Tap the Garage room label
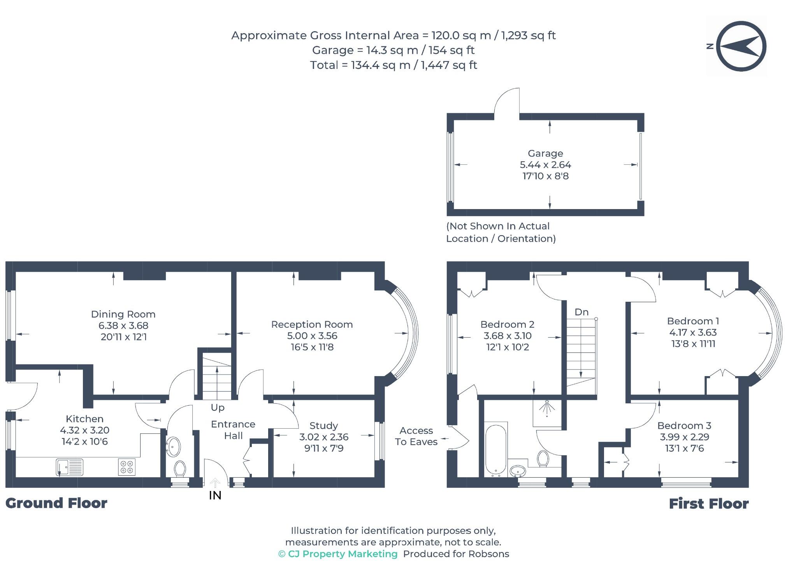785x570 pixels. tap(545, 153)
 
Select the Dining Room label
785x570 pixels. tap(123, 314)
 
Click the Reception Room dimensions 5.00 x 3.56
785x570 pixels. tap(312, 336)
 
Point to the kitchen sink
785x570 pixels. tap(70, 467)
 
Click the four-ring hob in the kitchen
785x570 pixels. tap(127, 467)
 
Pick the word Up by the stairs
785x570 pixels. tap(218, 408)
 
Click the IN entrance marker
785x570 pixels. tap(215, 495)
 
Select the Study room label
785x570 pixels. tap(323, 426)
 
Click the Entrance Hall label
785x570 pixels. tap(233, 430)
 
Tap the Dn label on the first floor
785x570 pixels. tap(581, 312)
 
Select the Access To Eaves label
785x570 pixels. tap(416, 436)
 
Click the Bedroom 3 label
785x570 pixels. tap(684, 426)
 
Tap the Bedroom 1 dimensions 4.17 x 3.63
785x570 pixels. tap(693, 332)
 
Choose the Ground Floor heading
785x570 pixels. tap(56, 503)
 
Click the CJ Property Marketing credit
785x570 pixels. tap(338, 554)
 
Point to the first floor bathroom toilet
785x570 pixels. tap(542, 459)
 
